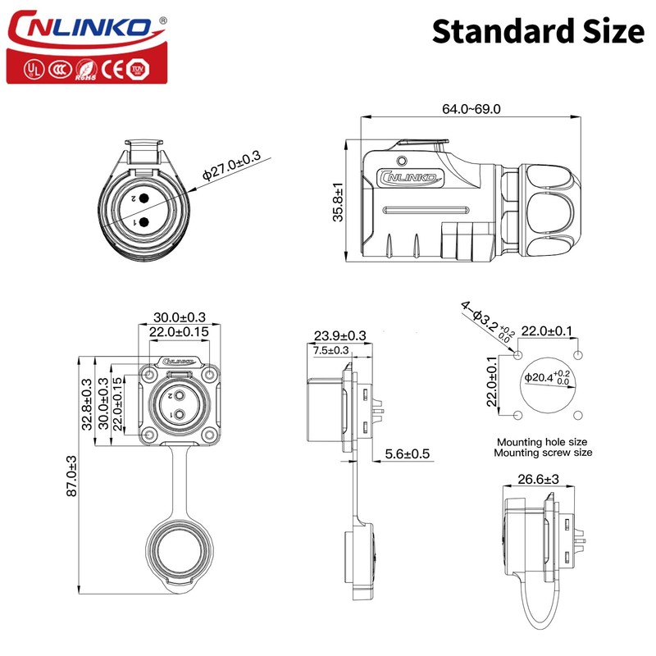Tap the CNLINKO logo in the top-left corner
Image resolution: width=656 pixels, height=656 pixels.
[x=80, y=28]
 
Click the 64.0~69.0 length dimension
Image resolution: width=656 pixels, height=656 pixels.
[x=471, y=109]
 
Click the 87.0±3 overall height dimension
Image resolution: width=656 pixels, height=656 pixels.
[x=71, y=476]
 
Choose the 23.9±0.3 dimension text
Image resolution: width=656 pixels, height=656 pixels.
[x=339, y=335]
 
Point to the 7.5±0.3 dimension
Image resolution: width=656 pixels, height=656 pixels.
[x=331, y=350]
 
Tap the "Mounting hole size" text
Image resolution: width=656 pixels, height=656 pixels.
[x=544, y=440]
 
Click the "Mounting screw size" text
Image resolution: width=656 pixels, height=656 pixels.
[x=544, y=452]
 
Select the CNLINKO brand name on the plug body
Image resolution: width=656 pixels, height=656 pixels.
[x=410, y=175]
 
